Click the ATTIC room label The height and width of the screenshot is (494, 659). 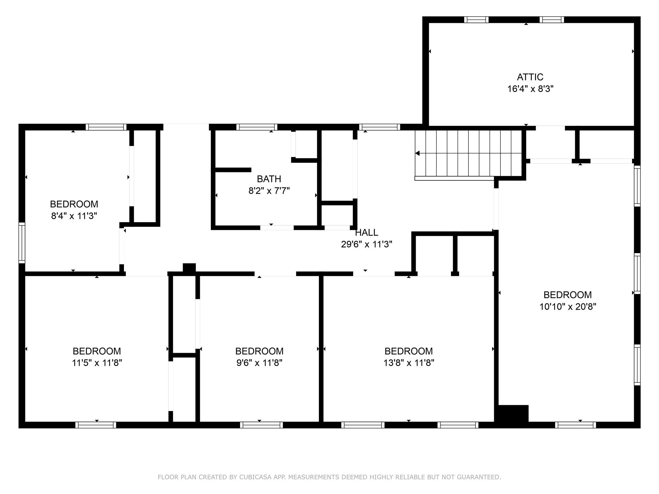(x=530, y=77)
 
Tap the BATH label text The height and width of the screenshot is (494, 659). (x=269, y=179)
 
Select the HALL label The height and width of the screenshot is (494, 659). (x=367, y=233)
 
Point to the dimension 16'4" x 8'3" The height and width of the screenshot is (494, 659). (x=530, y=89)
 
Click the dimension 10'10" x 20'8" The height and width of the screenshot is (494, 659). (x=568, y=307)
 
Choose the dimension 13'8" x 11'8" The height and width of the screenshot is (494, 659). (x=409, y=363)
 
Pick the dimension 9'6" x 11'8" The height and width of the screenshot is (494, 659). (x=259, y=363)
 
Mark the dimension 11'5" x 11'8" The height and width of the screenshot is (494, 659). (x=97, y=363)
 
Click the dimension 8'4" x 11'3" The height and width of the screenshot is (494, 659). (x=74, y=216)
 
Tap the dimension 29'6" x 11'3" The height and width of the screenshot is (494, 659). (x=367, y=244)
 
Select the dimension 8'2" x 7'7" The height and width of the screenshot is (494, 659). (x=269, y=191)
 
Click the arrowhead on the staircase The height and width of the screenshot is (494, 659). (x=417, y=153)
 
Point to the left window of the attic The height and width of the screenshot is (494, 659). (x=476, y=20)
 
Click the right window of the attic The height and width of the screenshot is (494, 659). (x=552, y=20)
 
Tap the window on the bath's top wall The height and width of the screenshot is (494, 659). (x=257, y=127)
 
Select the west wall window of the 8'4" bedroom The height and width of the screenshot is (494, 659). (x=22, y=243)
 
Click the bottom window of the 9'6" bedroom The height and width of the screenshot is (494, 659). (x=261, y=425)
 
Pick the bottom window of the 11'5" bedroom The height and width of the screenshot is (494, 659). (x=96, y=425)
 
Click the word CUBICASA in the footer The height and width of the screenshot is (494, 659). (x=255, y=477)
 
